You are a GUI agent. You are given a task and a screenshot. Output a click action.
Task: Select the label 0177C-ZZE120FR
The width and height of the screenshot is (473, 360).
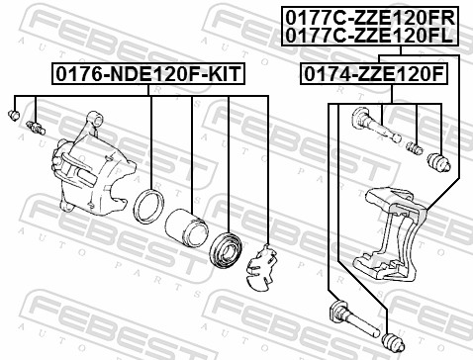[369, 16]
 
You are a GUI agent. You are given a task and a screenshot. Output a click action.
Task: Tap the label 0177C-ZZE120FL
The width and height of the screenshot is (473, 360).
[369, 35]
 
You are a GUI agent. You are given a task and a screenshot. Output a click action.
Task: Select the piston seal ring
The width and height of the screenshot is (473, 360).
[149, 205]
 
